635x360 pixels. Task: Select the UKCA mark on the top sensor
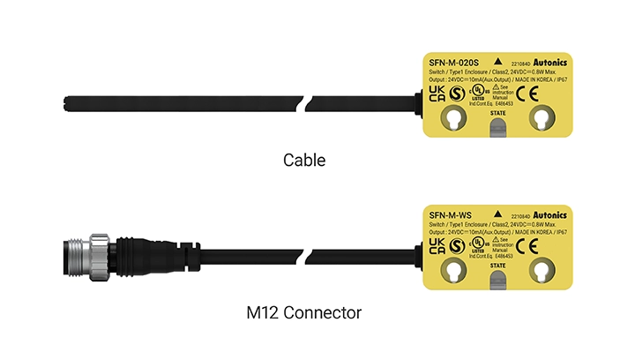(x=437, y=94)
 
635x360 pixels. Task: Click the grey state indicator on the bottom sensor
(x=497, y=281)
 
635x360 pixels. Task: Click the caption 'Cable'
(x=304, y=161)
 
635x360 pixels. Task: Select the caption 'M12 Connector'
(x=304, y=311)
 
